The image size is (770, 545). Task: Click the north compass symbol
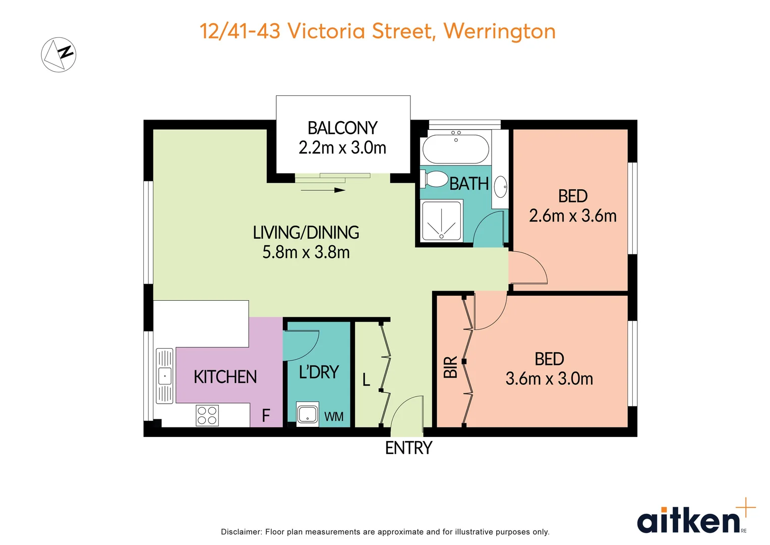coord(58,54)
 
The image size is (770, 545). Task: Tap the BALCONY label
coord(342,128)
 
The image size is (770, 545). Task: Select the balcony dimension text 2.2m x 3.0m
coord(342,148)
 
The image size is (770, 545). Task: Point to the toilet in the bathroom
coord(435,179)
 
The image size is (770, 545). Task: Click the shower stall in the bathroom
coord(441,221)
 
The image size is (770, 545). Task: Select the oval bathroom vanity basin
coord(500,187)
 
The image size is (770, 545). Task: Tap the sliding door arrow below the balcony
coord(323,190)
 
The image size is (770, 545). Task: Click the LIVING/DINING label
coord(306,233)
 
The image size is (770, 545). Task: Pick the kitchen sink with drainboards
coord(164,376)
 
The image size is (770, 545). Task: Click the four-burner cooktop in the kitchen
coord(207,415)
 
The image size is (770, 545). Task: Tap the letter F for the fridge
coord(266,416)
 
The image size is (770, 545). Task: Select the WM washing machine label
coord(334,417)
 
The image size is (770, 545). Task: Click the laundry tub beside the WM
coord(307,414)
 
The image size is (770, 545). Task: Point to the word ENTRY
coord(408,448)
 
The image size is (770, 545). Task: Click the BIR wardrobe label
coord(450,367)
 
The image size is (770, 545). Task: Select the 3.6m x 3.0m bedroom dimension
coord(549,379)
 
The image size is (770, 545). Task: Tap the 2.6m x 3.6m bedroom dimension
coord(573,216)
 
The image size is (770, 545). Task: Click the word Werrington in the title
coord(499,31)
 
